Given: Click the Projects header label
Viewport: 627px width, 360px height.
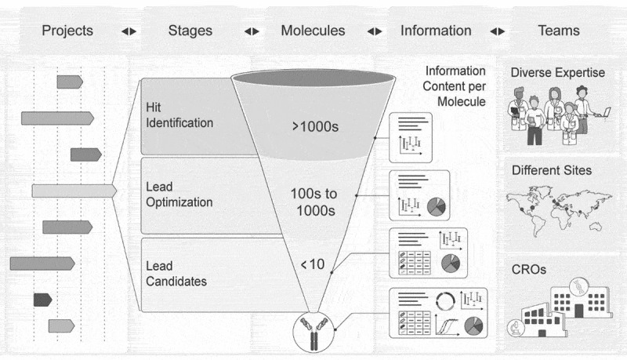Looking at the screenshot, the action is [67, 31].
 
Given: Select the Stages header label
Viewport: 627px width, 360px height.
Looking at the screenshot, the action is [190, 31].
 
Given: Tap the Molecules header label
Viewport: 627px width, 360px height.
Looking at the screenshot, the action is [313, 31].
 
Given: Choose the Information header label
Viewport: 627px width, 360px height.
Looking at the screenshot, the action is [436, 31].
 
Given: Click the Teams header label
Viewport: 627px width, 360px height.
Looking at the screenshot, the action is [559, 31].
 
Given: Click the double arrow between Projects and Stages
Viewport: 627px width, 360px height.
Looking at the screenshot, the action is [129, 31].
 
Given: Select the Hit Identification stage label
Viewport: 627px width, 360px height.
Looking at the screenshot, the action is [179, 115].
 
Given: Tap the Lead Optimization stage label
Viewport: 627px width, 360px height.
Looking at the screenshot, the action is [179, 194].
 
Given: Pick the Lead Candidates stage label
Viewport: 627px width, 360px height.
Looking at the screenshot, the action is [176, 273].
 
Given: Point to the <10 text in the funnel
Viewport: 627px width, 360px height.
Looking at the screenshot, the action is [312, 264].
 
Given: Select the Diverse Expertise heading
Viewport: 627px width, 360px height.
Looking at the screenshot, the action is [558, 73].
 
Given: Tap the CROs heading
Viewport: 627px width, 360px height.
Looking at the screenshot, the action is [529, 269].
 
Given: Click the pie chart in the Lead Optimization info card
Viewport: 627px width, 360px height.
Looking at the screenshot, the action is [436, 207].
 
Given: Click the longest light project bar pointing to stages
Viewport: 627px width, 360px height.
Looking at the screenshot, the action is [74, 191].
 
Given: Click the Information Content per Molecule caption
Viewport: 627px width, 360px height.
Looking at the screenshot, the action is [455, 85].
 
